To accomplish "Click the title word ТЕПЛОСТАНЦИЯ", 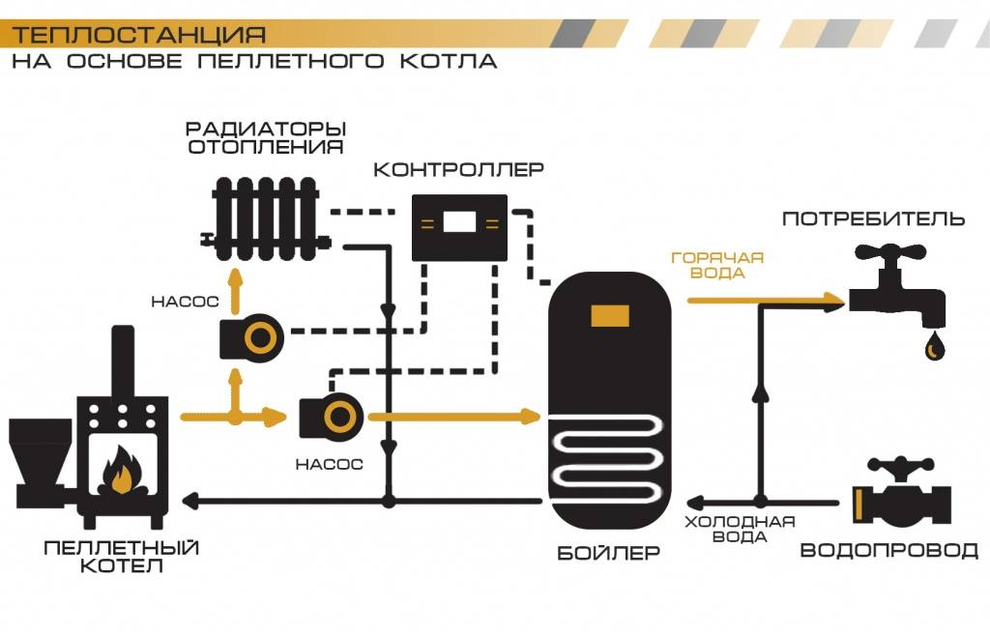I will pyautogui.click(x=138, y=36).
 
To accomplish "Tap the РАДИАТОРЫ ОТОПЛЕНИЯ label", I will pyautogui.click(x=267, y=138).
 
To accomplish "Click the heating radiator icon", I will pyautogui.click(x=266, y=217).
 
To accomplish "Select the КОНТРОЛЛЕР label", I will pyautogui.click(x=459, y=170).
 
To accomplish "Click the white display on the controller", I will pyautogui.click(x=459, y=223).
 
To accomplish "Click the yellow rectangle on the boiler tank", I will pyautogui.click(x=610, y=314).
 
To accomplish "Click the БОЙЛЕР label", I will pyautogui.click(x=609, y=555).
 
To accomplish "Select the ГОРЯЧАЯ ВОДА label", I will pyautogui.click(x=717, y=266).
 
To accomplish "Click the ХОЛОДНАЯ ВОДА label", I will pyautogui.click(x=740, y=530).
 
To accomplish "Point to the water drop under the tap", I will pyautogui.click(x=935, y=345).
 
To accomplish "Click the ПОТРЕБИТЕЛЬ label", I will pyautogui.click(x=873, y=218).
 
